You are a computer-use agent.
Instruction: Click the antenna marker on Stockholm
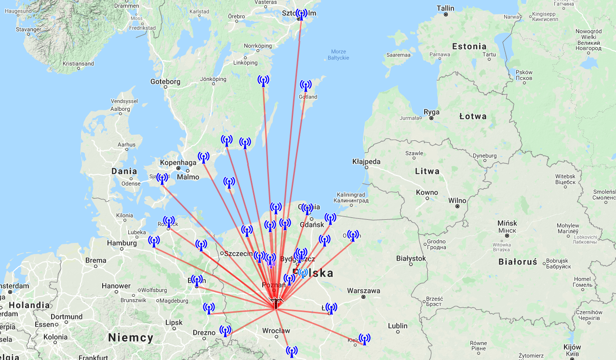pos(301,14)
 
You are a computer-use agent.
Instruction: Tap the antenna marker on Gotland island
pos(306,86)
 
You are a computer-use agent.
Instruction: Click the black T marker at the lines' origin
pos(276,304)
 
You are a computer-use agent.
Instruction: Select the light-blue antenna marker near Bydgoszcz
pos(303,273)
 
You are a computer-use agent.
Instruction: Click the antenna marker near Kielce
pos(364,339)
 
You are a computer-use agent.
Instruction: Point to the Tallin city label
pos(445,8)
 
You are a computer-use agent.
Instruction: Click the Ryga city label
pos(431,112)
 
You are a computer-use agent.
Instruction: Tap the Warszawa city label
pos(363,291)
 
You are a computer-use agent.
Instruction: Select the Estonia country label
pos(469,46)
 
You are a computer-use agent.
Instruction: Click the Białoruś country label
pos(517,262)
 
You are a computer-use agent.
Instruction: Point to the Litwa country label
pos(427,171)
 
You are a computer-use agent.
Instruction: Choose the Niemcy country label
pos(131,337)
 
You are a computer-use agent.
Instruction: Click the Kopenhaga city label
pos(178,162)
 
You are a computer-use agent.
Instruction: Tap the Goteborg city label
pos(165,81)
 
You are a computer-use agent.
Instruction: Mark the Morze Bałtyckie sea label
pos(339,55)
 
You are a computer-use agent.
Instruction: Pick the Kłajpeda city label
pos(366,161)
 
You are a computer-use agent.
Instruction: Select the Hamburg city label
pos(122,243)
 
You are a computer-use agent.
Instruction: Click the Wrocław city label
pos(276,331)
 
